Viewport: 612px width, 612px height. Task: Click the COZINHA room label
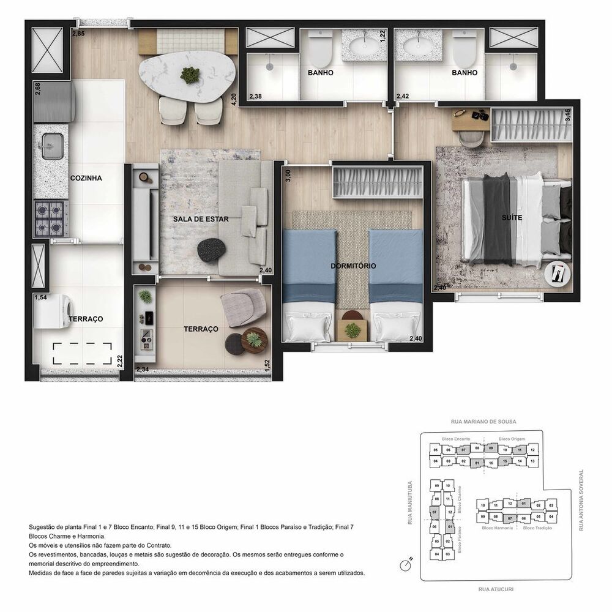tap(85, 178)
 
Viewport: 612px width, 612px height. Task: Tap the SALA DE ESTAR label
tap(201, 218)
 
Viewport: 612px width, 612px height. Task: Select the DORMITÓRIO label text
tap(353, 266)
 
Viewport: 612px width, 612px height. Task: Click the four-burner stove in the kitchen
tap(51, 219)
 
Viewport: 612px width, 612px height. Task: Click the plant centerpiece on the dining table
tap(190, 74)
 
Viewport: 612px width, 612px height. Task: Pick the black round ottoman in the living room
tap(212, 249)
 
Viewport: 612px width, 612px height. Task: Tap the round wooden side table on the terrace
tap(254, 339)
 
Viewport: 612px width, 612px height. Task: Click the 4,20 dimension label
tap(233, 99)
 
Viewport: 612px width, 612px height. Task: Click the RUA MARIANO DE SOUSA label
tap(484, 422)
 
